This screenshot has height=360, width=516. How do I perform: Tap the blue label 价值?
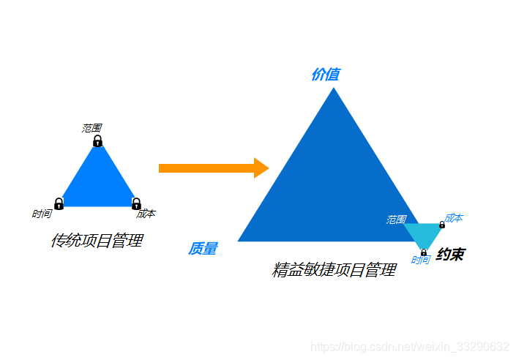tap(325, 74)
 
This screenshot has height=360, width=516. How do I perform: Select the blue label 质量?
tap(203, 249)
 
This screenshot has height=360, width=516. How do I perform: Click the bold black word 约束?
tap(450, 255)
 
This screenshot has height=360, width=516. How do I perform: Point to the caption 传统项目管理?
tap(97, 241)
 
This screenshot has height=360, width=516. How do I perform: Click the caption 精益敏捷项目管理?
tap(334, 270)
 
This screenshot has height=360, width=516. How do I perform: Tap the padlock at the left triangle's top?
tap(97, 141)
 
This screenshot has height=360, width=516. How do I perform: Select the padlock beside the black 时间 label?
tap(59, 203)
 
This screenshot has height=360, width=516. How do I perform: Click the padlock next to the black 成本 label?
tap(136, 203)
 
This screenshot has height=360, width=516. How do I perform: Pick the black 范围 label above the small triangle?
tap(91, 128)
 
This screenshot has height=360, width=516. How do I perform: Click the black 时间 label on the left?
tap(42, 214)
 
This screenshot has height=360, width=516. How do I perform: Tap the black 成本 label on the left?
tap(146, 214)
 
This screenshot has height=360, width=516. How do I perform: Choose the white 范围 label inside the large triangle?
tap(396, 220)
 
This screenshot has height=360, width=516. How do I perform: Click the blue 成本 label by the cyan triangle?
tap(454, 218)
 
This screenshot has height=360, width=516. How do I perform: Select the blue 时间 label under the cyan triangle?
tap(420, 260)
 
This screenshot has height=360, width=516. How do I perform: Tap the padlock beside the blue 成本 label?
tap(441, 225)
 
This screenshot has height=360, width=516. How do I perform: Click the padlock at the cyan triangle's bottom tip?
tap(424, 252)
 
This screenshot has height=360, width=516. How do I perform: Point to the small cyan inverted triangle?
tap(423, 234)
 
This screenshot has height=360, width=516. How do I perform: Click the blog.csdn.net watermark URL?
tap(410, 346)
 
